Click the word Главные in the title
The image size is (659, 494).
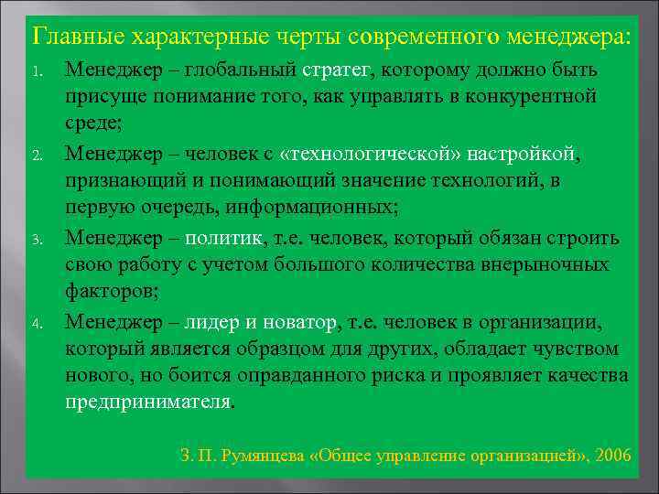coord(78,38)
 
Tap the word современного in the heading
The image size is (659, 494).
coord(404,38)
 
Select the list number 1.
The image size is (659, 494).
coord(36,70)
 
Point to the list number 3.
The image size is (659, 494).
coord(36,241)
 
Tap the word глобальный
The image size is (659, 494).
coord(240,70)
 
